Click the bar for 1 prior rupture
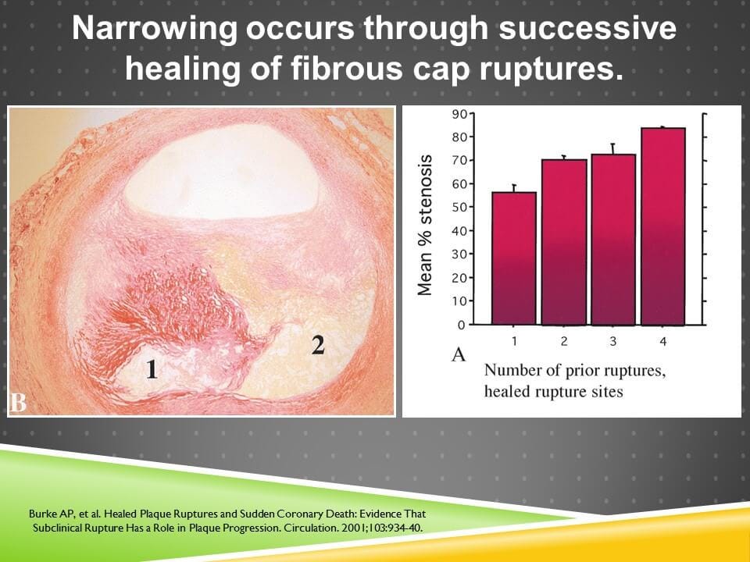(513, 258)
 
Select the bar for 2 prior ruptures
(563, 242)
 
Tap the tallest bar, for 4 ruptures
(663, 226)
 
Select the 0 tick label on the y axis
(462, 325)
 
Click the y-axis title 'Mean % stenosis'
(425, 225)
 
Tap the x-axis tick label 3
(613, 342)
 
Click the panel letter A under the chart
(459, 354)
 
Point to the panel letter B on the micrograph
(18, 403)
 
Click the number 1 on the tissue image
(152, 369)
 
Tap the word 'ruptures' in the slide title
(547, 69)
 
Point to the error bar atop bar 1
(513, 187)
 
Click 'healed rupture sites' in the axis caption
(553, 391)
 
